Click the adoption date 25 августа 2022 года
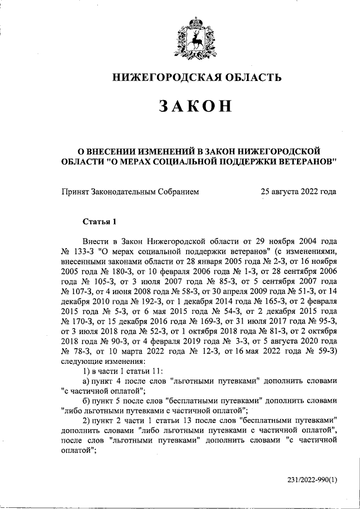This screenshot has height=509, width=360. point(298,192)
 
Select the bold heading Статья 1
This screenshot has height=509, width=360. point(98,220)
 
